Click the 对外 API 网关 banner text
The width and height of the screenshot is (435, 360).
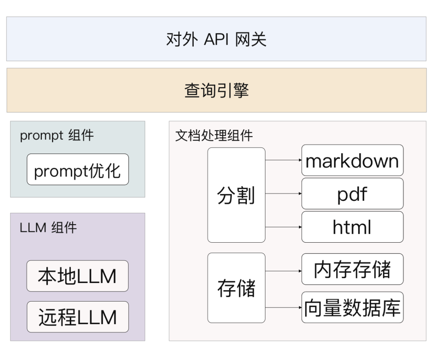click(x=216, y=40)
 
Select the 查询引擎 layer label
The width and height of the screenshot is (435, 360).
click(x=216, y=90)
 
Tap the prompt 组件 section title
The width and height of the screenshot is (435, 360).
click(x=57, y=135)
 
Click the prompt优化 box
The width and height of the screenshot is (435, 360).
click(x=78, y=170)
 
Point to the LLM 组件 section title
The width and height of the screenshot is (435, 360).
click(x=48, y=228)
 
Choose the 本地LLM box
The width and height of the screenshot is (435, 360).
click(x=77, y=276)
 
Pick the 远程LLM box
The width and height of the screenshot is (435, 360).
click(x=77, y=317)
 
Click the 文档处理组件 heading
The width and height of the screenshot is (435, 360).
click(x=214, y=135)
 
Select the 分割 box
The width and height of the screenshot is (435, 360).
click(x=236, y=195)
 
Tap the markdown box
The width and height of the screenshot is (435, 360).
click(x=352, y=160)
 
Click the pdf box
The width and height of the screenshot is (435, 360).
click(x=352, y=194)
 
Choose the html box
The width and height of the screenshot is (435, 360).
click(x=352, y=227)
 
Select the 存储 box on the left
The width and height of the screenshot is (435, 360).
click(x=236, y=288)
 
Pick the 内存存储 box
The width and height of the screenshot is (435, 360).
click(x=352, y=269)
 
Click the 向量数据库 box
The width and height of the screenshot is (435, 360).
click(x=352, y=307)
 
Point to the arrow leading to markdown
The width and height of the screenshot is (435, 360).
click(x=284, y=160)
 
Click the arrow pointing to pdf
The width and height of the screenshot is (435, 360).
click(x=284, y=194)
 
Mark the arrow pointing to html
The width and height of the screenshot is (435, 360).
click(x=284, y=227)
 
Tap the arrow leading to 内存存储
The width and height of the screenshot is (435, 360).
click(x=284, y=271)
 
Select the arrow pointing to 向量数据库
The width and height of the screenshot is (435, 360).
click(x=284, y=307)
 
